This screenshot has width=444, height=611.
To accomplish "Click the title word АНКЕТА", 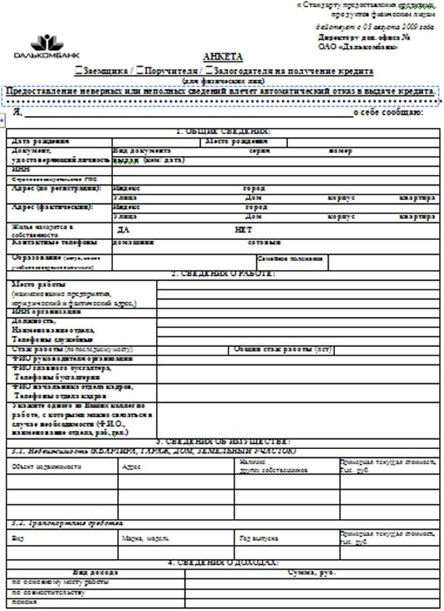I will coord(223,57).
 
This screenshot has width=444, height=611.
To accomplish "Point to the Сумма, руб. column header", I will coord(313,573).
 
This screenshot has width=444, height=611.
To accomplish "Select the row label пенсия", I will coord(24,602).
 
